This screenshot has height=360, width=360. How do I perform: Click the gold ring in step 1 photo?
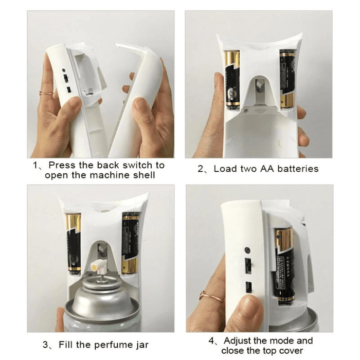pyautogui.click(x=46, y=93)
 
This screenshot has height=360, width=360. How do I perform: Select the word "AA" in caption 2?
pyautogui.click(x=267, y=169)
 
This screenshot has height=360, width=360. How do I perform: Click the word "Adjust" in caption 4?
pyautogui.click(x=237, y=341)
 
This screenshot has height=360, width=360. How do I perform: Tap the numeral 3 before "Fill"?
pyautogui.click(x=45, y=345)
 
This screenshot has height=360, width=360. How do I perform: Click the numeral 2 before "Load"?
pyautogui.click(x=201, y=169)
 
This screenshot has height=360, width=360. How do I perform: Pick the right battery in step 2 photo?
pyautogui.click(x=287, y=79)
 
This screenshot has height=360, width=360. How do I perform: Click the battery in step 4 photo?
pyautogui.click(x=284, y=266)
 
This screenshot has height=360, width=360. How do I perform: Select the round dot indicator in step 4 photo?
pyautogui.click(x=247, y=250)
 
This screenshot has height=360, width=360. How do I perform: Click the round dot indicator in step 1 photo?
pyautogui.click(x=64, y=70)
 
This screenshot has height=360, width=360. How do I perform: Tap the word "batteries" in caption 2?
pyautogui.click(x=298, y=169)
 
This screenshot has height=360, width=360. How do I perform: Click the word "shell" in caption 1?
pyautogui.click(x=144, y=175)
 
